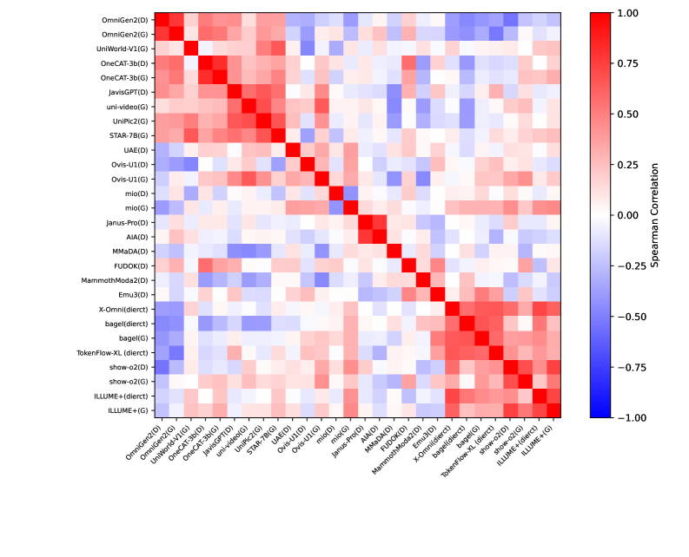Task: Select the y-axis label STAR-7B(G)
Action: click(129, 135)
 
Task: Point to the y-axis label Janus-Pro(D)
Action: click(128, 221)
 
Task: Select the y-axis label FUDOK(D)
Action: click(131, 265)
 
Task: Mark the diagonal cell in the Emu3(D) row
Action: click(438, 293)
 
